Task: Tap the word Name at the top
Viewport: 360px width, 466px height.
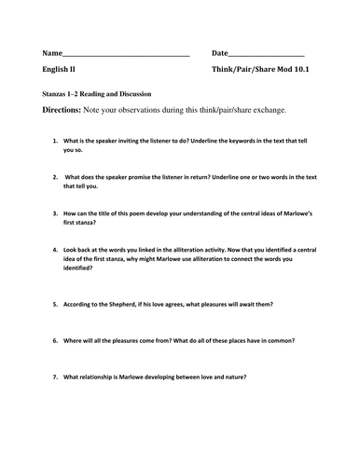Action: coord(53,53)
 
